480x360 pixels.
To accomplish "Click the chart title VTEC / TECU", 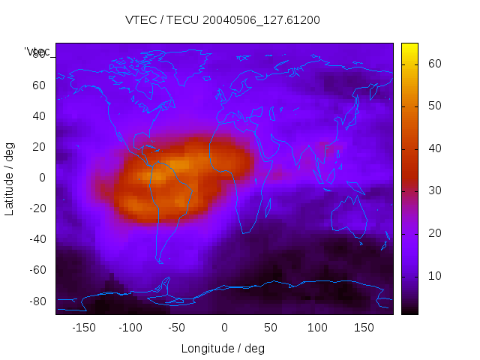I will [x=223, y=20].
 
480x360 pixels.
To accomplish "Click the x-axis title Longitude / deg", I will [x=223, y=349].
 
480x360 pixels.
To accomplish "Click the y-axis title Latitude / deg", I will [x=10, y=178].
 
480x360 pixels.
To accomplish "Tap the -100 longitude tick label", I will [x=130, y=328].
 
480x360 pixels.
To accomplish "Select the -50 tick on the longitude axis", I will [x=176, y=328].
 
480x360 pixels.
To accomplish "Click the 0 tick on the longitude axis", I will [x=224, y=328].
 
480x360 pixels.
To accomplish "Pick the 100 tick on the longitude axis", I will [x=318, y=328].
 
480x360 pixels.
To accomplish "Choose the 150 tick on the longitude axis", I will [x=364, y=328].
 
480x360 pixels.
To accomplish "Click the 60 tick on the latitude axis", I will [x=38, y=85].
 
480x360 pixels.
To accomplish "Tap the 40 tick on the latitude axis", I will [x=38, y=115].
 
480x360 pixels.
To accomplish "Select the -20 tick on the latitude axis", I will [x=36, y=208].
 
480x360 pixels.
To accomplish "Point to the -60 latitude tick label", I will [x=36, y=270].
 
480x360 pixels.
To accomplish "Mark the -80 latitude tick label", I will [x=36, y=301].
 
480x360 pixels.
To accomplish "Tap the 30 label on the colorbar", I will [x=433, y=191].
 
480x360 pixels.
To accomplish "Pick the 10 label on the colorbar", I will [x=433, y=276].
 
